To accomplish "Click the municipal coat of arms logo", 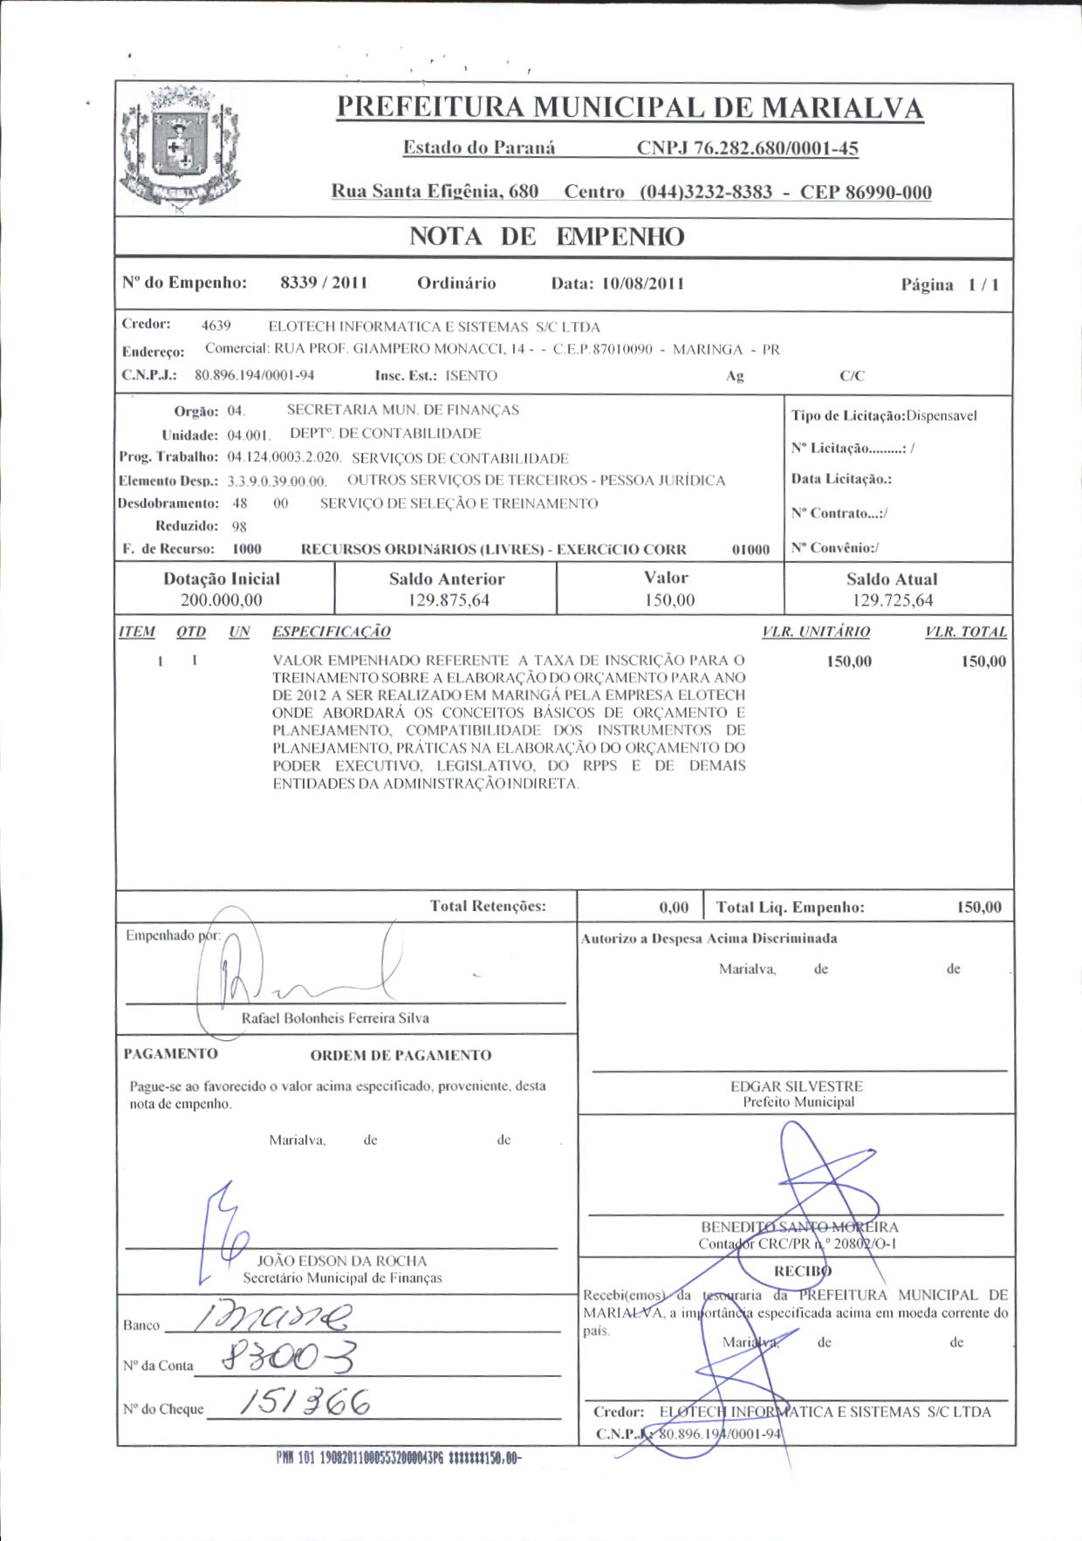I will tap(179, 149).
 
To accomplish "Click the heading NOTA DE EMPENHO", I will tap(546, 236).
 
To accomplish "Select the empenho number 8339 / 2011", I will tap(324, 283).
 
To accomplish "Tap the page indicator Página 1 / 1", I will tap(949, 284).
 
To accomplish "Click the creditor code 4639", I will tap(216, 325).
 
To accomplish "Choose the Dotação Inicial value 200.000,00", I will tap(222, 600).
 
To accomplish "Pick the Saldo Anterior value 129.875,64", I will tap(447, 600).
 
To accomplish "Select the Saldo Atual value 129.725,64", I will tap(893, 600).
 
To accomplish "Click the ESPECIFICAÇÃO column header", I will tap(332, 632).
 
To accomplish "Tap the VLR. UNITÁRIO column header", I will tap(816, 632).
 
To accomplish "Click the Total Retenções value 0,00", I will tap(674, 907).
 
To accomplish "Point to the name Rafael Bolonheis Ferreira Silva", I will tap(335, 1018).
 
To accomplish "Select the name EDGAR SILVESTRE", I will tap(796, 1086).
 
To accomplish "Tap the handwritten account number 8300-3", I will tap(288, 1357).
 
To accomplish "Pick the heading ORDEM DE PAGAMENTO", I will tap(401, 1055).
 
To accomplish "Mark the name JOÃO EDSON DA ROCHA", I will tap(342, 1261).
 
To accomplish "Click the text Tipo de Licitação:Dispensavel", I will tap(884, 415).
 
